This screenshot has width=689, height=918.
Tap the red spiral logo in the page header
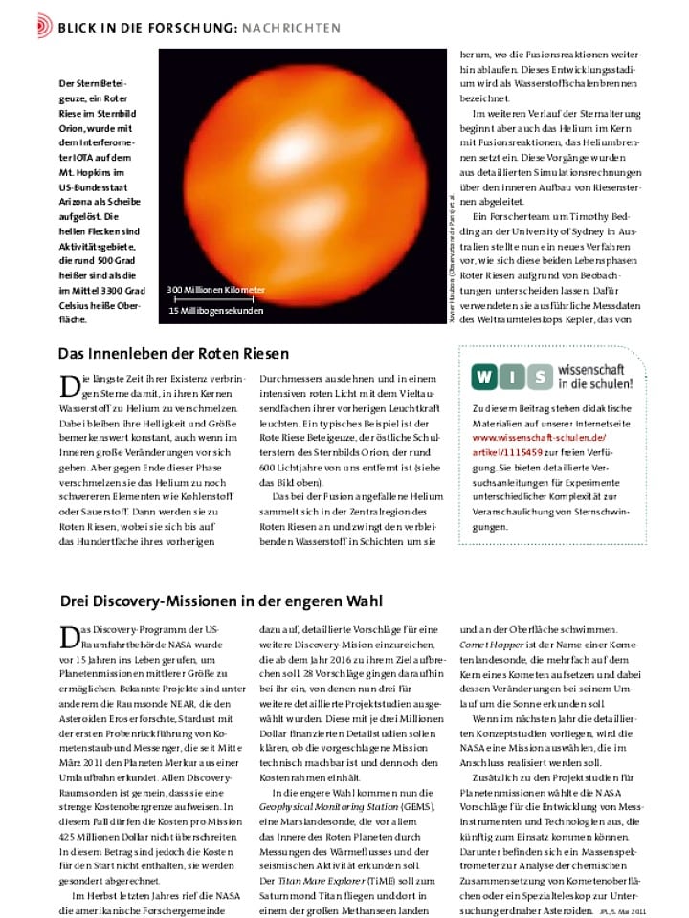coord(43,26)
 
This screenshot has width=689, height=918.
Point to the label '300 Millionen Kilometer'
coord(216,289)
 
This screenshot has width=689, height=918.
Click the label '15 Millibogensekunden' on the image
coord(215,311)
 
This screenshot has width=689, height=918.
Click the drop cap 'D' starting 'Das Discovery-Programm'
coord(68,637)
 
